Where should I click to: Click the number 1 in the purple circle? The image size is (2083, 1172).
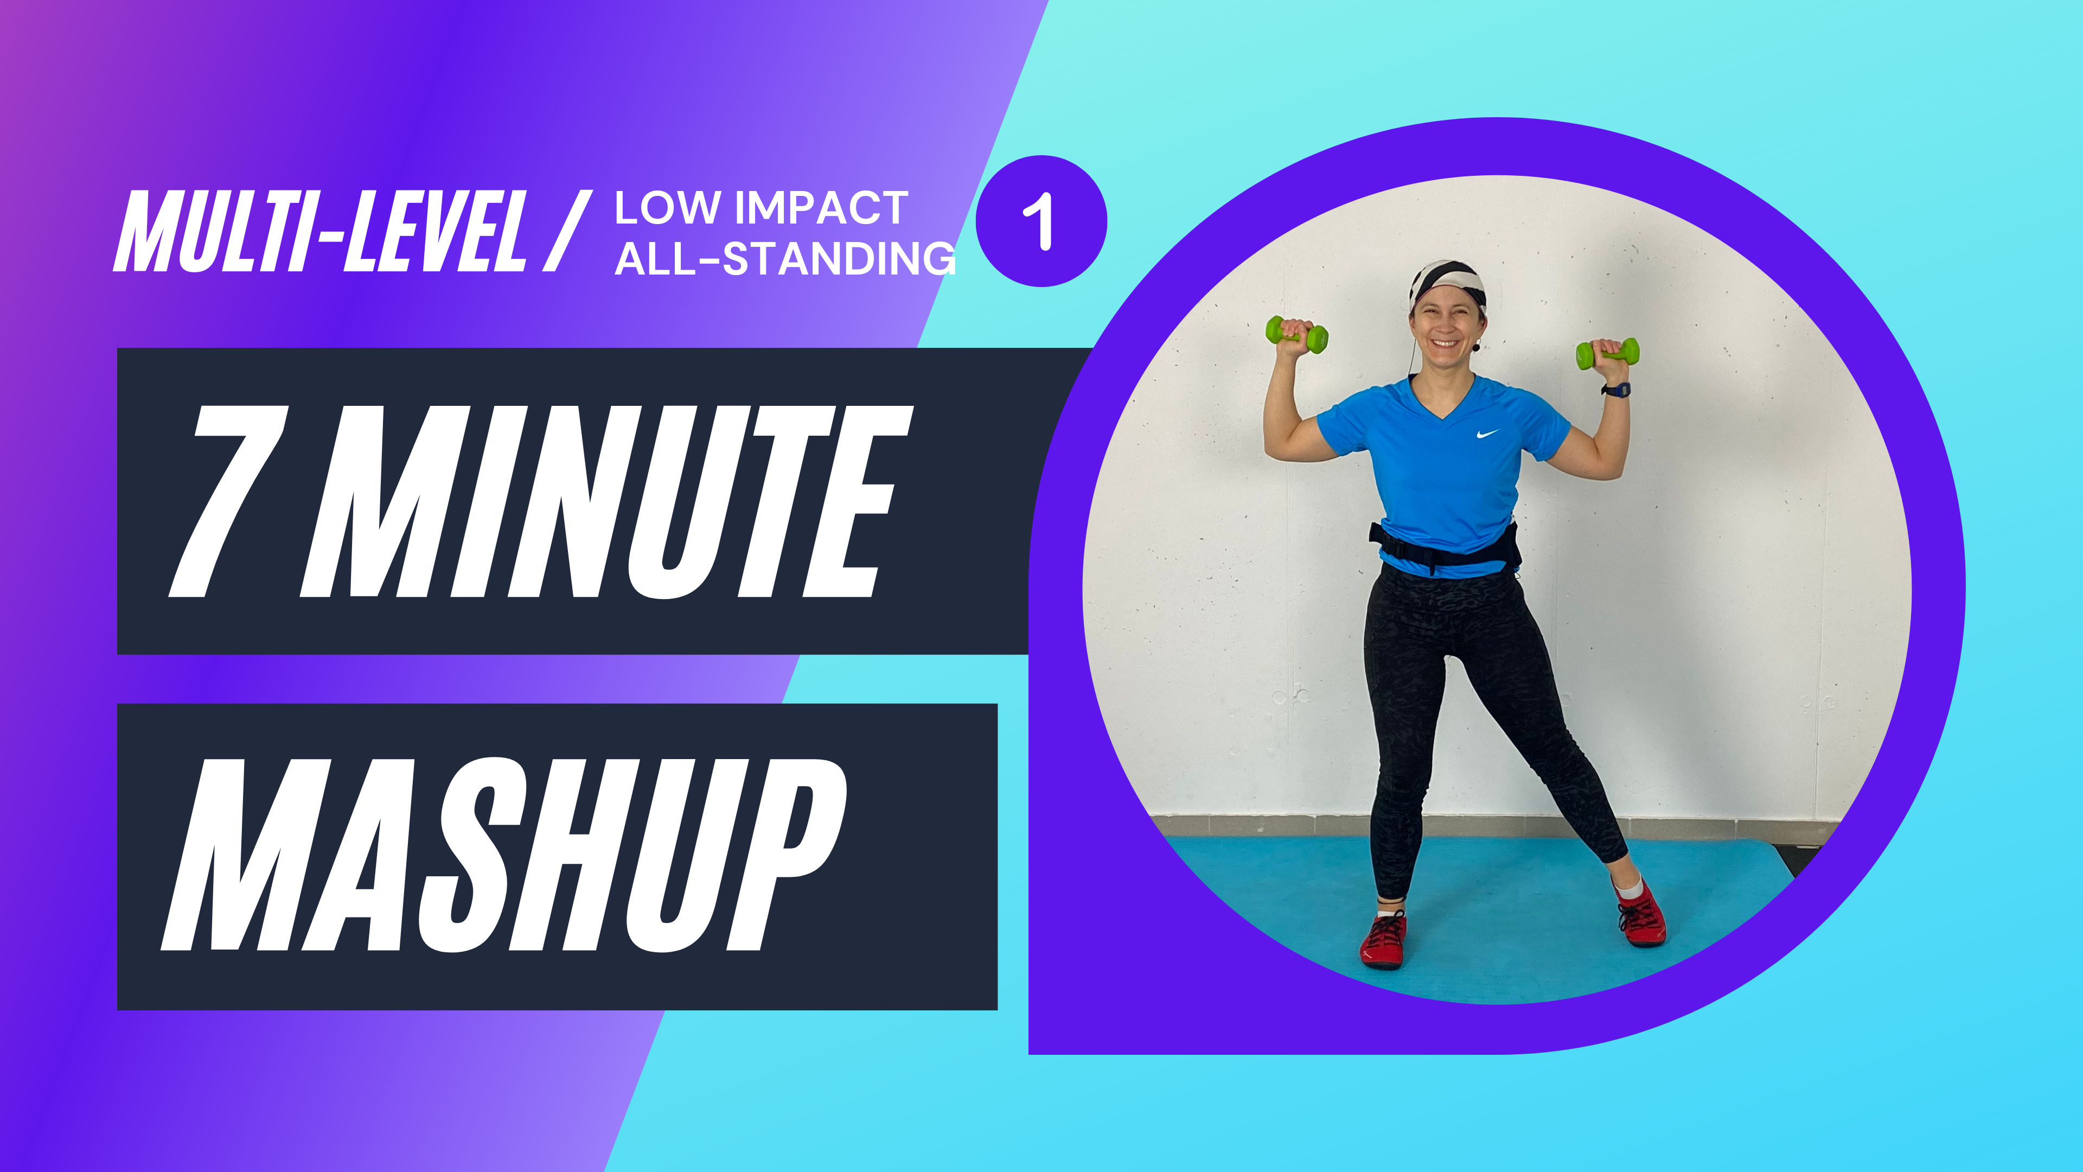pos(1040,221)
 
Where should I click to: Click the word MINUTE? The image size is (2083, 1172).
pos(606,501)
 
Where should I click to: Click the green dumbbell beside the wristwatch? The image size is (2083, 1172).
pos(1607,353)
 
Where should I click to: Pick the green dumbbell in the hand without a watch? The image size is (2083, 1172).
pos(1297,333)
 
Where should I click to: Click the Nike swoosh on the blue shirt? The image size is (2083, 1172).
pos(1488,434)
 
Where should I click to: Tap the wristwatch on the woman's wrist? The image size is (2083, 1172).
pos(1615,390)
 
